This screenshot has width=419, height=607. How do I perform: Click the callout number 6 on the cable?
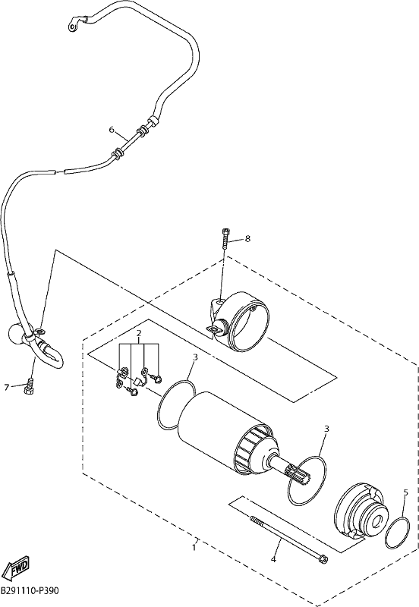click(x=112, y=130)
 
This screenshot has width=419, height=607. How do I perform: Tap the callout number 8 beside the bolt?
click(x=247, y=238)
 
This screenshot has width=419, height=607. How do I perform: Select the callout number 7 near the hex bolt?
click(x=7, y=387)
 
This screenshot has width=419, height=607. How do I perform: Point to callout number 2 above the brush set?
click(x=139, y=333)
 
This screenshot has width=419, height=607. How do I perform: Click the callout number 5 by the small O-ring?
click(x=405, y=492)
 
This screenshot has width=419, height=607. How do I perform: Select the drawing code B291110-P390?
click(x=30, y=592)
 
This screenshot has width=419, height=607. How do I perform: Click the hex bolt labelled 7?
click(x=29, y=388)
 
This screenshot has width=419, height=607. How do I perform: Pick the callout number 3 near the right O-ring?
click(x=326, y=429)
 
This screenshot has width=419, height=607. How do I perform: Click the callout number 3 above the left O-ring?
click(x=196, y=357)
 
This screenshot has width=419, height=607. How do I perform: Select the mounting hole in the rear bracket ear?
click(x=219, y=302)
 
